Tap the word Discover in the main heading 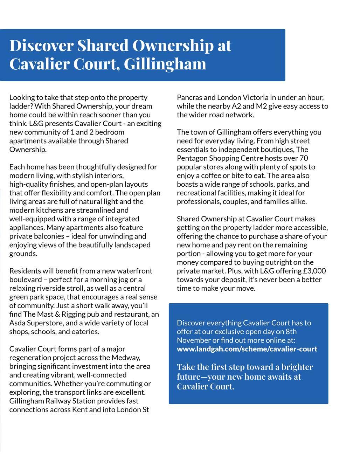[41, 46]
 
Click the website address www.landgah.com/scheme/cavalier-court [247, 349]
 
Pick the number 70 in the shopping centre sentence [304, 158]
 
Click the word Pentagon [191, 158]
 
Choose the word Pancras [189, 97]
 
